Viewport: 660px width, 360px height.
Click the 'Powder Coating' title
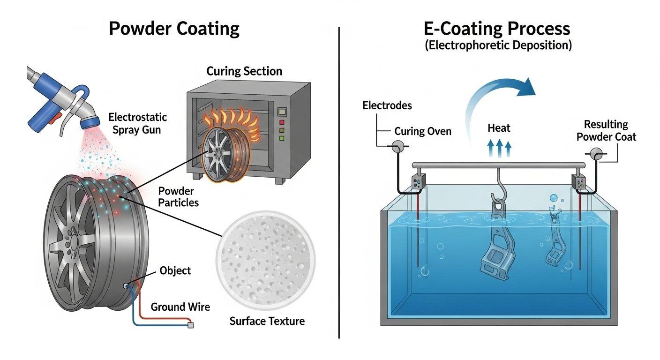(174, 29)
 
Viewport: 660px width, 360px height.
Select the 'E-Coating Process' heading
(497, 29)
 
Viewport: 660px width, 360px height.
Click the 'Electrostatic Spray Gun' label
(137, 123)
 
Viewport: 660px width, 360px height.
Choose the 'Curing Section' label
(244, 71)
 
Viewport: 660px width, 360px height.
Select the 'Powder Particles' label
(179, 197)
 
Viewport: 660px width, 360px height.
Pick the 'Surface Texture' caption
(267, 321)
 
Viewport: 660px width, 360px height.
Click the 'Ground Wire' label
(180, 307)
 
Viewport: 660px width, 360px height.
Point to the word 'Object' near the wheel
(175, 270)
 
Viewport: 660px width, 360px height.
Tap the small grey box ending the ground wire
(190, 325)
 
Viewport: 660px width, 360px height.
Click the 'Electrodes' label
(387, 105)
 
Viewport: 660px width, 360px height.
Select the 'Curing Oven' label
(422, 131)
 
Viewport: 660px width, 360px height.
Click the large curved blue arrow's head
(527, 87)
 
